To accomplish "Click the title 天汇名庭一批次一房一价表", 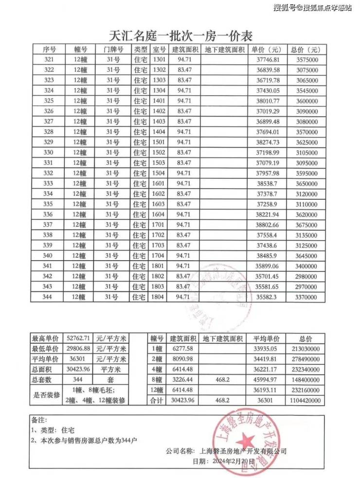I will (x=180, y=36).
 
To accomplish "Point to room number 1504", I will (x=159, y=173).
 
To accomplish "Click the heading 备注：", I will (x=40, y=419).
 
